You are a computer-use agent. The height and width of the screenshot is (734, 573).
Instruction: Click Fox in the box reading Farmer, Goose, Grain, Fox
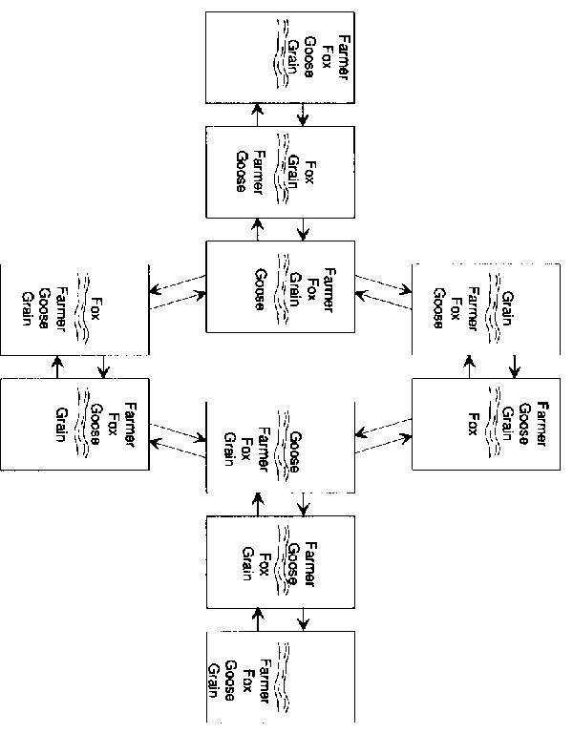[x=472, y=421]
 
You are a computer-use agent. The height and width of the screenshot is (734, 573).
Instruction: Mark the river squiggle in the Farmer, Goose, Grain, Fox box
[x=497, y=421]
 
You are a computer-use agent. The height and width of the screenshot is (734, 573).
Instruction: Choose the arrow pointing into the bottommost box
[x=304, y=620]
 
